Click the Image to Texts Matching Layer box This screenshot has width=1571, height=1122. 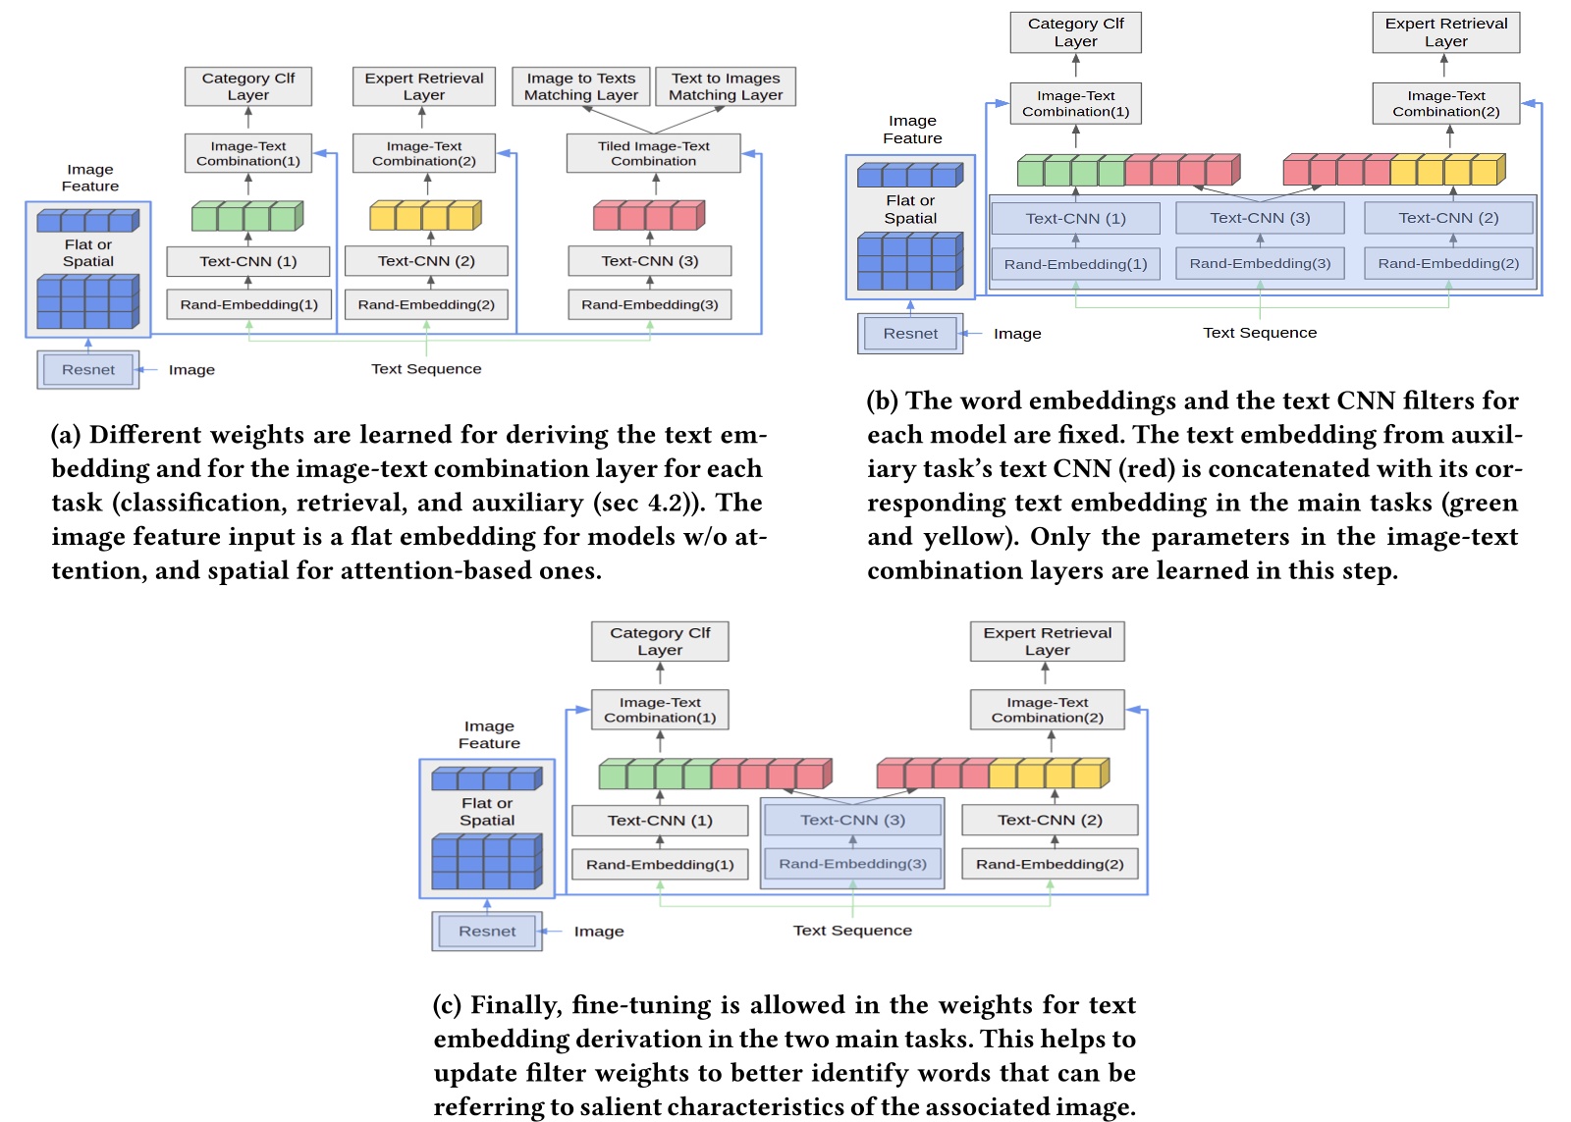[580, 86]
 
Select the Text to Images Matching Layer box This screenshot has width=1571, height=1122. [726, 86]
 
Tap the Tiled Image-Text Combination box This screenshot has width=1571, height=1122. [653, 153]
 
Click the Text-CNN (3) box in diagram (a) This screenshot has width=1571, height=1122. [649, 261]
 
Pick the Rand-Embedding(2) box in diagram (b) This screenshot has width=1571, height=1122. [1448, 263]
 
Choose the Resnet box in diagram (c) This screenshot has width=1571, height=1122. [486, 931]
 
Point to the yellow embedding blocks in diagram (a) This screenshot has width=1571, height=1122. [425, 215]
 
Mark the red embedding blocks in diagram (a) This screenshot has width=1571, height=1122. [649, 215]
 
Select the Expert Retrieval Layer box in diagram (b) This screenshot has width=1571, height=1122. [1445, 32]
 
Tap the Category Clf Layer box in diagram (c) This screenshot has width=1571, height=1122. [660, 641]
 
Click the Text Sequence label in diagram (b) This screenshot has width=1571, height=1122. [1260, 333]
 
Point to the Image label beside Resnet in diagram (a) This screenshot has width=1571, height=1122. [191, 370]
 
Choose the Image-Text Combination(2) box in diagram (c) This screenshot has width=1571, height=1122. [1047, 710]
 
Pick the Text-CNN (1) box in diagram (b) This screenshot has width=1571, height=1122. [1075, 218]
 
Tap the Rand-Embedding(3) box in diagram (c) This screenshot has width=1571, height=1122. [852, 864]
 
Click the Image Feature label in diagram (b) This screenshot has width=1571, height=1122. [912, 130]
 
